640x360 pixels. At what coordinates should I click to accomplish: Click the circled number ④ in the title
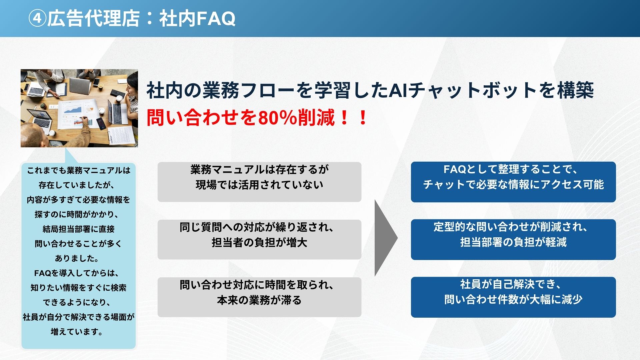[x=37, y=18]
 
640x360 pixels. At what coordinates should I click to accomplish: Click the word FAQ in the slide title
[x=216, y=18]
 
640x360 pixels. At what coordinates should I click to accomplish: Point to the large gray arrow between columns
[x=386, y=238]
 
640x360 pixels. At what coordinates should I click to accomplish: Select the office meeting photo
[x=79, y=108]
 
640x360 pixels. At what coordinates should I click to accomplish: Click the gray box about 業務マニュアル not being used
[x=259, y=182]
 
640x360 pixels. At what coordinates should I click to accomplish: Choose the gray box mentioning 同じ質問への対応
[x=259, y=239]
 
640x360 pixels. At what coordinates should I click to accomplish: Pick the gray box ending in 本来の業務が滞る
[x=259, y=297]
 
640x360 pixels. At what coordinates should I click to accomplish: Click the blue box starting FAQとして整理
[x=513, y=182]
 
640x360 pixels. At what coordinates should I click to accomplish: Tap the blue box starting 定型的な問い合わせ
[x=513, y=239]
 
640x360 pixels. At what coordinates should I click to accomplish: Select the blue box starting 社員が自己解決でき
[x=513, y=297]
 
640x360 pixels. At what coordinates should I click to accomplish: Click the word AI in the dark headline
[x=399, y=90]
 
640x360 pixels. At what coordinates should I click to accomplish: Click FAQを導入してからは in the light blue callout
[x=77, y=273]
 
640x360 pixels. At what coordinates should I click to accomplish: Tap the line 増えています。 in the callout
[x=77, y=332]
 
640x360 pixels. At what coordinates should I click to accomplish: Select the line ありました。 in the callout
[x=77, y=259]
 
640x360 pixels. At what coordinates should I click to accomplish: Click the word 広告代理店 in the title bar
[x=93, y=18]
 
